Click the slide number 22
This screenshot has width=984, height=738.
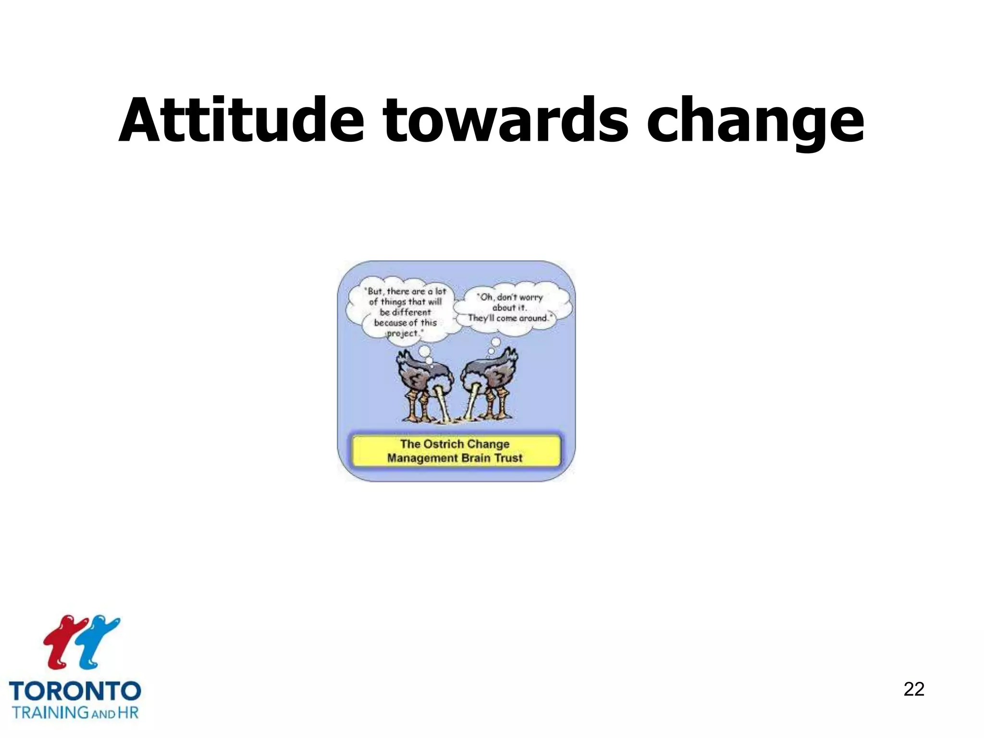(913, 689)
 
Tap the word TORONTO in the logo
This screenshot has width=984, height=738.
(75, 691)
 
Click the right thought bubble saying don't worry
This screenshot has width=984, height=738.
(512, 307)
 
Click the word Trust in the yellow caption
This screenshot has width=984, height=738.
(508, 458)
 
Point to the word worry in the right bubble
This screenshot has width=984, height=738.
(530, 297)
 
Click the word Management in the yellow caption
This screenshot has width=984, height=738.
(422, 458)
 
